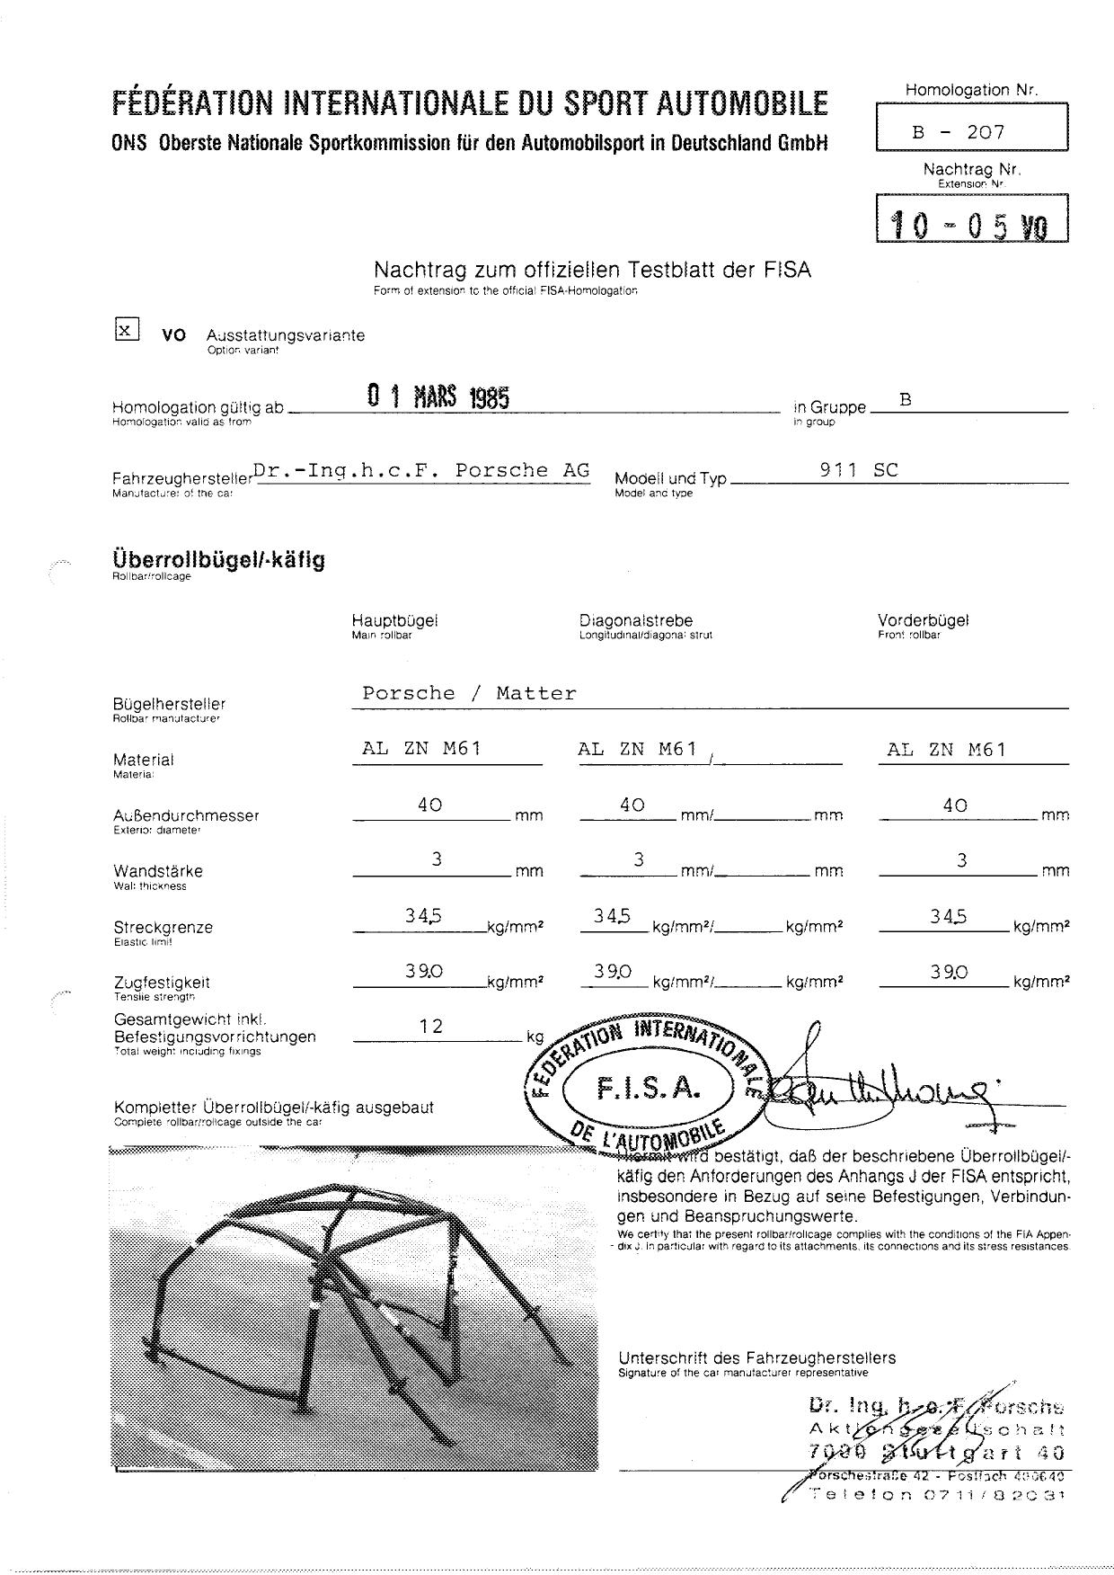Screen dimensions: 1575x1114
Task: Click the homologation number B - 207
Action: (x=958, y=132)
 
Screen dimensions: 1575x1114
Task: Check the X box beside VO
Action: (x=127, y=330)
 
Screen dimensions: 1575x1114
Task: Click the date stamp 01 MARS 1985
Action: (x=438, y=396)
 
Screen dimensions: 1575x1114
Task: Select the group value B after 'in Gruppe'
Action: (x=906, y=399)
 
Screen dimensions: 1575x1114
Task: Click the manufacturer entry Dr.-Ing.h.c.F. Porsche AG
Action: (x=421, y=470)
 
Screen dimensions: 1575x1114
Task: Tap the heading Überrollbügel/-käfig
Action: (x=218, y=560)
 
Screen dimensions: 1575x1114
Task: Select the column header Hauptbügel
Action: (x=394, y=620)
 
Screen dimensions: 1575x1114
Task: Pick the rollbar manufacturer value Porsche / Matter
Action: (x=468, y=693)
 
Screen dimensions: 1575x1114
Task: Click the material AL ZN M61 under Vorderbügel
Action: (x=946, y=750)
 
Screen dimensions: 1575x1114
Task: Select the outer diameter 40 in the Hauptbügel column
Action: (x=429, y=805)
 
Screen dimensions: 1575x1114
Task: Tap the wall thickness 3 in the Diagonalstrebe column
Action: (x=638, y=860)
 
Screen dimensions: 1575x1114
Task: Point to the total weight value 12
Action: (x=431, y=1027)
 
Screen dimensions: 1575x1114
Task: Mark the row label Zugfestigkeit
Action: (x=162, y=983)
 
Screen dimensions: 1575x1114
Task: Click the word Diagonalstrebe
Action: (x=636, y=620)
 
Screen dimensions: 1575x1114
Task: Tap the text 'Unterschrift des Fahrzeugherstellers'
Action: (x=756, y=1357)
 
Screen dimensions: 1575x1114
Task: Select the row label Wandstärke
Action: (x=158, y=871)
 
